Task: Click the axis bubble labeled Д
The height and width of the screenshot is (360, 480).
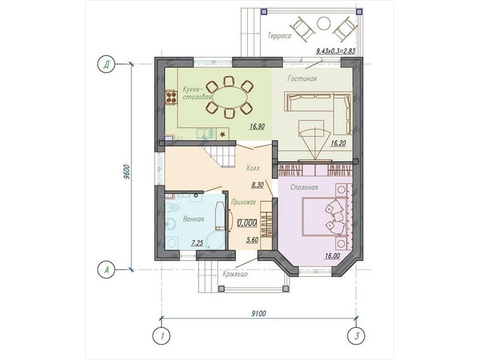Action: click(106, 65)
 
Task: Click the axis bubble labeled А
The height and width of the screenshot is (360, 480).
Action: click(106, 270)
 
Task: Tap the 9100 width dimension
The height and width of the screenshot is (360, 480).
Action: click(259, 313)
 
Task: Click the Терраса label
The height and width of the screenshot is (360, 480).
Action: click(280, 36)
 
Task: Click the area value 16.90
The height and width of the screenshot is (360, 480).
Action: click(257, 126)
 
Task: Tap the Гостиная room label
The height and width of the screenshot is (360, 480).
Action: click(302, 79)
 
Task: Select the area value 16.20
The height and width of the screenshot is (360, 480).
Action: click(338, 142)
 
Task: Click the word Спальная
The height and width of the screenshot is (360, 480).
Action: click(304, 187)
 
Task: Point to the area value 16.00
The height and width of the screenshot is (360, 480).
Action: click(332, 256)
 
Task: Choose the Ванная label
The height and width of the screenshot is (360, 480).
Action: click(193, 219)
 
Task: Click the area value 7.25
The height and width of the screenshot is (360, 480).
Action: click(197, 244)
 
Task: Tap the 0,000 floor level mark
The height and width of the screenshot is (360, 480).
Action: click(247, 223)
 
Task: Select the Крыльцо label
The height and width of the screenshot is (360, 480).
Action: click(235, 274)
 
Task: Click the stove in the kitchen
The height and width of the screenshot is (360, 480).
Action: click(171, 98)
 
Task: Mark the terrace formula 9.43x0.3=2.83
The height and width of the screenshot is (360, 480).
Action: click(335, 51)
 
